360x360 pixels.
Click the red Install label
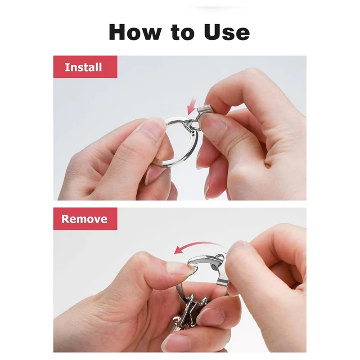click(85, 67)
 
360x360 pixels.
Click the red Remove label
click(85, 219)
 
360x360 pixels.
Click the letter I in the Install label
click(67, 67)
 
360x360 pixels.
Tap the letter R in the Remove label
click(66, 219)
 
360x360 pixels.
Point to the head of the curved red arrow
click(177, 250)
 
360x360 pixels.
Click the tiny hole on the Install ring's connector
click(193, 133)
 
